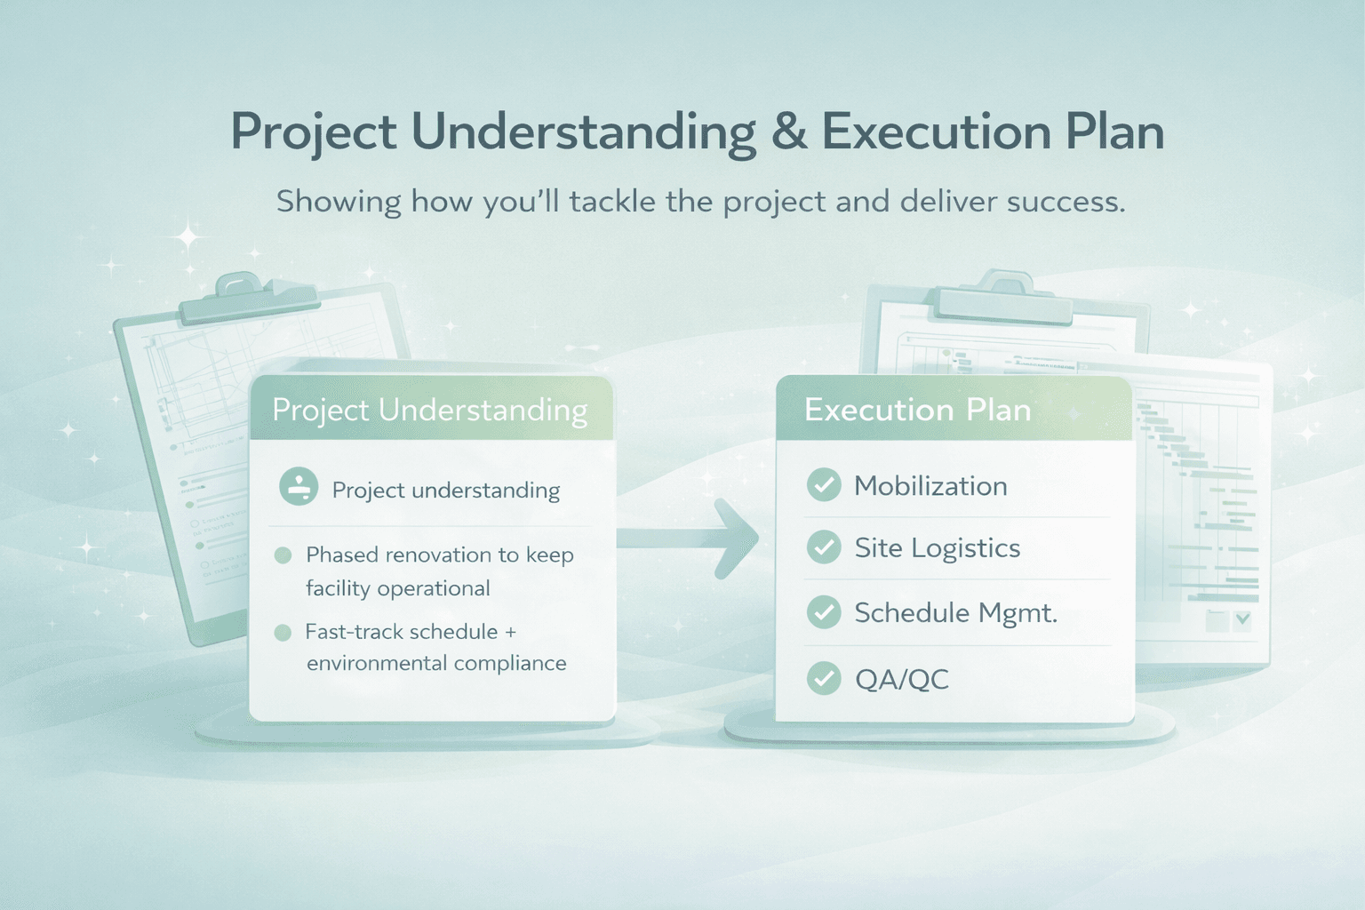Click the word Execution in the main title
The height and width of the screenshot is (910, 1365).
(936, 132)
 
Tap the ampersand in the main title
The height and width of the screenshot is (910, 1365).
(788, 132)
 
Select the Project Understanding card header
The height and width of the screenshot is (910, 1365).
(430, 410)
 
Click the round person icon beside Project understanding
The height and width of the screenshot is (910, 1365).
(299, 487)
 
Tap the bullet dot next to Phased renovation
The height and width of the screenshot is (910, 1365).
(283, 555)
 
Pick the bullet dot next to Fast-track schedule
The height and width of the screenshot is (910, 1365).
(283, 633)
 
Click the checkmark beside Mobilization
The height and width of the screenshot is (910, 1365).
(824, 485)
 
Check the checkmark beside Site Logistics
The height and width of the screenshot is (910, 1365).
(824, 547)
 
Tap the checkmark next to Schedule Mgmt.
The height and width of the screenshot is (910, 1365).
(824, 612)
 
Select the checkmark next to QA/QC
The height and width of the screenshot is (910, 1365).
(824, 679)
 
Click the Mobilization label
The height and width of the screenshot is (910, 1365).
(930, 486)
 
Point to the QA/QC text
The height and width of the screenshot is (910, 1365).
(901, 680)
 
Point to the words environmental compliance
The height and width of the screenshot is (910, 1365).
(436, 664)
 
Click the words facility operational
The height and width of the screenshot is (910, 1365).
(397, 588)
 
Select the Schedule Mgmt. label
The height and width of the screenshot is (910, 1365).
(955, 613)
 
